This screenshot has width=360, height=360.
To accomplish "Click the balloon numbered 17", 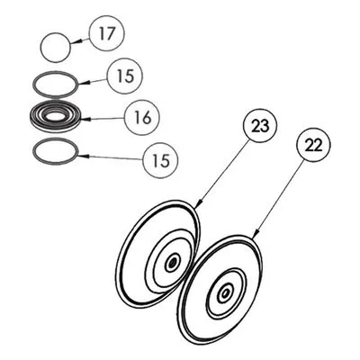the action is (x=106, y=33).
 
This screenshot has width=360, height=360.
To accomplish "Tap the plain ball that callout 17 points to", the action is (x=56, y=48).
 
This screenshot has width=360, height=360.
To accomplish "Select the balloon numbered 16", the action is (x=142, y=118).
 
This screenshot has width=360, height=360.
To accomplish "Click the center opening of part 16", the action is (x=55, y=115).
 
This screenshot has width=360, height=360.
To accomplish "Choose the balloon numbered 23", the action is (x=260, y=127).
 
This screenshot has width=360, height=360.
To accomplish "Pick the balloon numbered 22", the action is (x=313, y=146).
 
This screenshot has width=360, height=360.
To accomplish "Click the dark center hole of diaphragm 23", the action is (x=172, y=264).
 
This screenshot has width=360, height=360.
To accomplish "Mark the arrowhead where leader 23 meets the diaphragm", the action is (x=198, y=204).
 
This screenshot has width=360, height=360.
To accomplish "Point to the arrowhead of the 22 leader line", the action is (x=255, y=236).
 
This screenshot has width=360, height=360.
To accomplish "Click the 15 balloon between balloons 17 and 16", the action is (x=125, y=76).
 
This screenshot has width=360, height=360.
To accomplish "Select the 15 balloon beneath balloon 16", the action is (x=161, y=159).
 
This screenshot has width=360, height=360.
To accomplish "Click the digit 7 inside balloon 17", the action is (x=111, y=33).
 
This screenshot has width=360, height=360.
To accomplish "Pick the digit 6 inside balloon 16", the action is (x=147, y=118).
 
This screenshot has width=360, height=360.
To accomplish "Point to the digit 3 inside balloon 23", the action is (x=264, y=127).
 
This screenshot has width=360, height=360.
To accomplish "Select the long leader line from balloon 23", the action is (x=223, y=172).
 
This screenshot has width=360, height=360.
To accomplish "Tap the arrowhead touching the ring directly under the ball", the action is (x=82, y=84).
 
